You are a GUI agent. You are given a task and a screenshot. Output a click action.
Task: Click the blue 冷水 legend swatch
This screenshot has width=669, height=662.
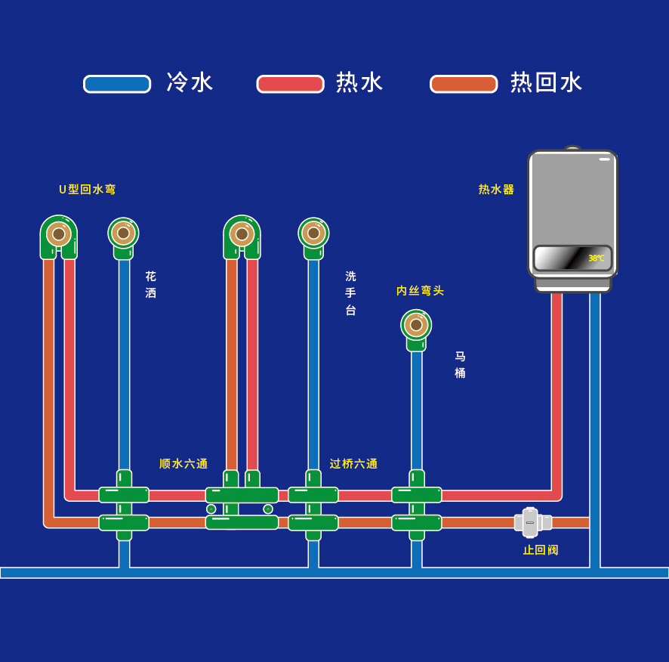tap(117, 84)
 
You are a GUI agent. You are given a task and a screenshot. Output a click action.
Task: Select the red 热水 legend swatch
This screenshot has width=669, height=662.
tap(290, 84)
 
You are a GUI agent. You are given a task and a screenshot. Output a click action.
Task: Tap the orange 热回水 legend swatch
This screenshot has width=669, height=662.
tap(464, 84)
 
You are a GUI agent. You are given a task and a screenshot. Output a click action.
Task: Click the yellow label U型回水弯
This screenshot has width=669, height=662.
tap(88, 190)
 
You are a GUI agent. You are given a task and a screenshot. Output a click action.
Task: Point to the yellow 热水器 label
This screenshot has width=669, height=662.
tap(496, 190)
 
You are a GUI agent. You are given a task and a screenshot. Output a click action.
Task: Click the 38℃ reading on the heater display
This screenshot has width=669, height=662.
tap(596, 258)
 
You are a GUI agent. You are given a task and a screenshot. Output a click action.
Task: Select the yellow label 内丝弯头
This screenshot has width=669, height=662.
tap(420, 291)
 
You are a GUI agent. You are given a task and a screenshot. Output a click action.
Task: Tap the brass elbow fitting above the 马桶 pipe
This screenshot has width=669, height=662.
tap(416, 325)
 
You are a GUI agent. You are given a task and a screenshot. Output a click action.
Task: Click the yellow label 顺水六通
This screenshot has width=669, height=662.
tap(183, 464)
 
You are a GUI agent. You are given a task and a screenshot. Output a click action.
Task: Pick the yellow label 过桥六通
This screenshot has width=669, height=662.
tap(353, 464)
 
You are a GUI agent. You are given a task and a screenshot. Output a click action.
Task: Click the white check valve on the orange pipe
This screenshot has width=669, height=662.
tap(531, 522)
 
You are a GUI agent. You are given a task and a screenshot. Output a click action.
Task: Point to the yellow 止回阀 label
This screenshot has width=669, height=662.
tap(541, 550)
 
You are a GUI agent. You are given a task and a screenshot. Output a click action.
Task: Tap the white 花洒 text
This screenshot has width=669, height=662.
tap(151, 285)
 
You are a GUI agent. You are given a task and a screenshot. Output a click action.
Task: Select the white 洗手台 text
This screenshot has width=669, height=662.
tap(350, 293)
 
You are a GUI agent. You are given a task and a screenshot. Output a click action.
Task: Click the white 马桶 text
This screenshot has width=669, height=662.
tap(460, 364)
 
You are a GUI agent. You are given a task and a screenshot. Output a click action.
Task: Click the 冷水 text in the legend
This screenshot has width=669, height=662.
tap(190, 82)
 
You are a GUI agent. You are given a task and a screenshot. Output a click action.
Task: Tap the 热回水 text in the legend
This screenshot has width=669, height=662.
tap(547, 82)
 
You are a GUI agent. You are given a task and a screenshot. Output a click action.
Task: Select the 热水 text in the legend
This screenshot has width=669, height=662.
tap(360, 82)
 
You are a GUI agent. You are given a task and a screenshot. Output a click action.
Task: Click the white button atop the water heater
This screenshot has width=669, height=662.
tap(605, 159)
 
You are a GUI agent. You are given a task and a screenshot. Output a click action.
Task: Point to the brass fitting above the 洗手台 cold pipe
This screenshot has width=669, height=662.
tap(313, 233)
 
